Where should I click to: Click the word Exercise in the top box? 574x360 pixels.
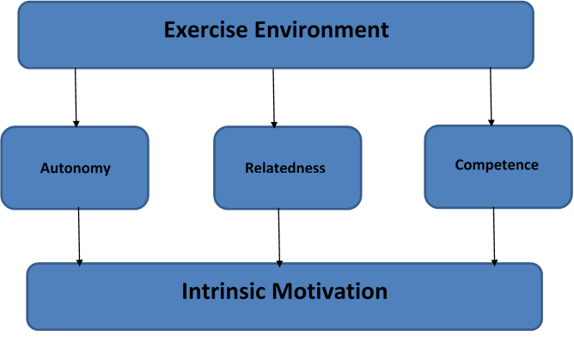tap(205, 29)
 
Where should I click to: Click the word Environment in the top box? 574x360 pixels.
tap(321, 29)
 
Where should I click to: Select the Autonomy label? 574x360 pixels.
tap(76, 168)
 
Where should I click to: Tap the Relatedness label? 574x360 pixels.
tap(285, 168)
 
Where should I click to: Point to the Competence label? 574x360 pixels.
tap(497, 165)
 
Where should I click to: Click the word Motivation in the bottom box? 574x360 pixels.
tap(329, 291)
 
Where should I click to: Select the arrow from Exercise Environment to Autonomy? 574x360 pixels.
tap(76, 98)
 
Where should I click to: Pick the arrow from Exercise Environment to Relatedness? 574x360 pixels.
tap(273, 98)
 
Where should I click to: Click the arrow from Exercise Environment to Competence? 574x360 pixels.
tap(491, 96)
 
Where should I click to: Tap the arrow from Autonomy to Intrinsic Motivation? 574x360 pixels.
tap(79, 237)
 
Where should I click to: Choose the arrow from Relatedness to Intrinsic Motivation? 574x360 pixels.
tap(279, 237)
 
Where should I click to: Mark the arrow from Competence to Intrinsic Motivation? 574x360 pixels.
tap(494, 237)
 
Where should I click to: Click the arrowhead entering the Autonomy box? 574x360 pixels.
tap(76, 124)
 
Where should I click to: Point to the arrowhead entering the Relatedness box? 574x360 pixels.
tap(274, 125)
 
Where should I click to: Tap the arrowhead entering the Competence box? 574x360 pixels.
tap(492, 123)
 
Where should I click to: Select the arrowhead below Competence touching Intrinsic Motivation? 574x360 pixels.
tap(494, 263)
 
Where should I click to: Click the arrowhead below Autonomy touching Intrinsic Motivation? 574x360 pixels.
tap(79, 263)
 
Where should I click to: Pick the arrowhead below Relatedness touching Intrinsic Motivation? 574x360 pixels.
tap(279, 264)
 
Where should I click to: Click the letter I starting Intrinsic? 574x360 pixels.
tap(184, 291)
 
